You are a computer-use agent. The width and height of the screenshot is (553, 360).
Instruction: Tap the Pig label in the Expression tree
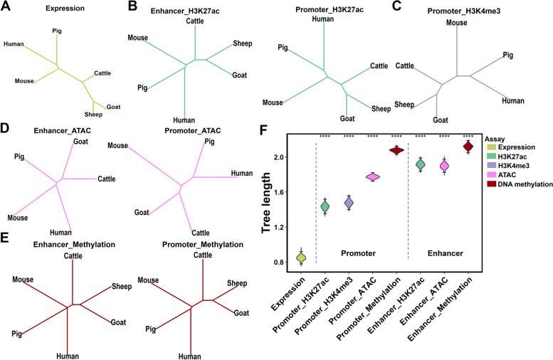(57, 31)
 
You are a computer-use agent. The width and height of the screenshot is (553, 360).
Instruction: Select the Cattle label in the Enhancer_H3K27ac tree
(185, 21)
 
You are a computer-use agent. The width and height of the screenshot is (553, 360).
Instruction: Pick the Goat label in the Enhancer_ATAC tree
(80, 142)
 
